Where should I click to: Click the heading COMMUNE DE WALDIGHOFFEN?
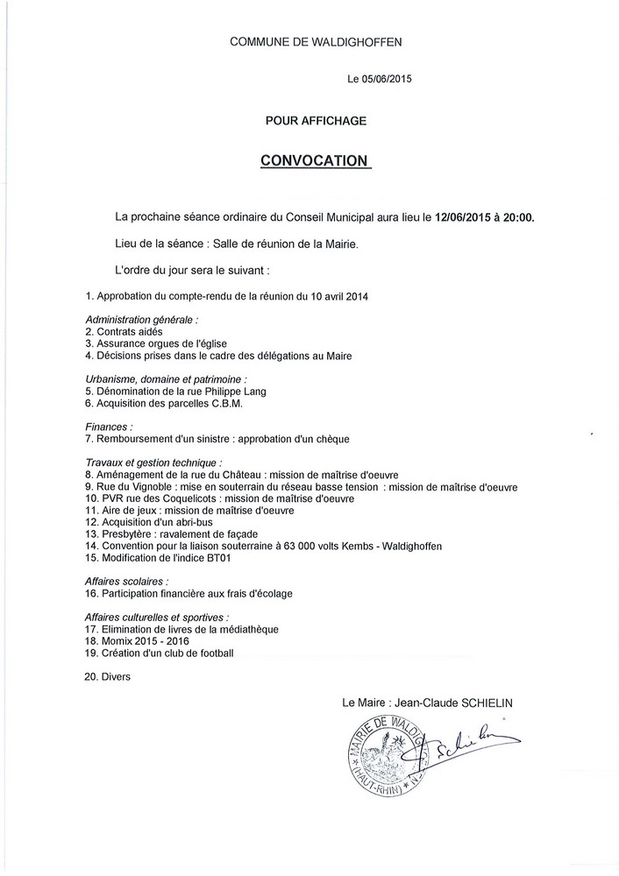pyautogui.click(x=316, y=41)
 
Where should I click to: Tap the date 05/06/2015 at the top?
pyautogui.click(x=388, y=79)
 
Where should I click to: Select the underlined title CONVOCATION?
pyautogui.click(x=316, y=160)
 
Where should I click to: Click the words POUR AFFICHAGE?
pyautogui.click(x=316, y=121)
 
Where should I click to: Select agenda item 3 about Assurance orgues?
pyautogui.click(x=158, y=344)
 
